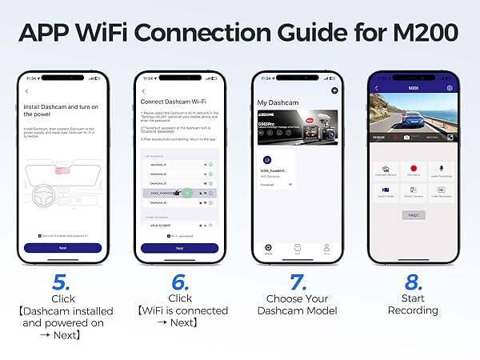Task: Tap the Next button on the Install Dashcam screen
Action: click(63, 248)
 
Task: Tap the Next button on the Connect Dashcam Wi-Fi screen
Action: click(179, 248)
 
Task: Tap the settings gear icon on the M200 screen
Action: click(450, 88)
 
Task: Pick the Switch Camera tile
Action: click(414, 193)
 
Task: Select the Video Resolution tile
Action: click(442, 193)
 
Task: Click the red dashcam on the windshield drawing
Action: click(60, 170)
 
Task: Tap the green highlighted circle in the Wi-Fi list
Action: click(186, 193)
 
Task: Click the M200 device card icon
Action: click(267, 161)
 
